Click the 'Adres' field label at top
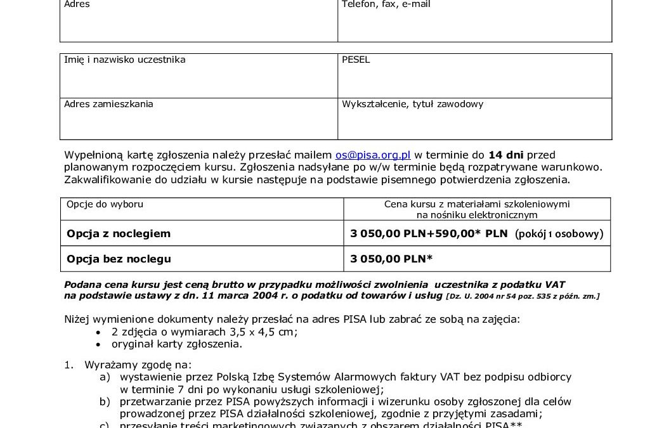[77, 4]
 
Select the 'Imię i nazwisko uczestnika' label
[125, 60]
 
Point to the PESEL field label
[356, 60]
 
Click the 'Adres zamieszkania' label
[108, 104]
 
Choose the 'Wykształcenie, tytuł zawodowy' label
[412, 104]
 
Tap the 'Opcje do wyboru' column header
[105, 204]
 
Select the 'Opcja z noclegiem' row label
[119, 233]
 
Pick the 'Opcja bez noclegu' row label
[119, 259]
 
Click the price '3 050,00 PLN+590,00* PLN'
[429, 233]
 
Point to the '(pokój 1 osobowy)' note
[559, 233]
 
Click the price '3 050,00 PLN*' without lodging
[391, 259]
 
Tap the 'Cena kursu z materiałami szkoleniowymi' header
[477, 204]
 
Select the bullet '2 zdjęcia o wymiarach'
[204, 332]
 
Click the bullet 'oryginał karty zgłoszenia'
[177, 344]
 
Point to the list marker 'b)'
[105, 401]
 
